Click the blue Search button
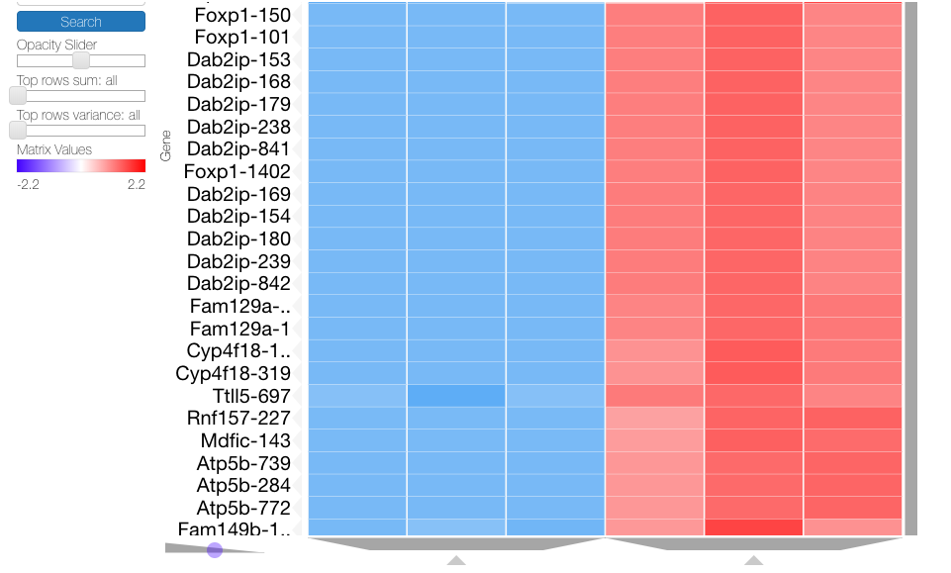(81, 22)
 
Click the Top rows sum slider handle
(18, 96)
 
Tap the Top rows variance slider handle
(18, 131)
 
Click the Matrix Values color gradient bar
(81, 166)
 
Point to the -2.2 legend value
(28, 184)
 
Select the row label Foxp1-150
(242, 15)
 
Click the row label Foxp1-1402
(238, 172)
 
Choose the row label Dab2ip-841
(238, 149)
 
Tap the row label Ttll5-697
(244, 396)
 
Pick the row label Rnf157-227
(238, 419)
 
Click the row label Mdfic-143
(243, 440)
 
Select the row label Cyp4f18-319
(234, 373)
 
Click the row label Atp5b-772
(243, 508)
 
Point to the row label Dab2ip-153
(238, 59)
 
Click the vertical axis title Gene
(166, 145)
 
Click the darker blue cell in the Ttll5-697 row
(456, 396)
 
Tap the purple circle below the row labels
(215, 549)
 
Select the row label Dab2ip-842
(238, 284)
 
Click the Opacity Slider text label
(56, 45)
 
